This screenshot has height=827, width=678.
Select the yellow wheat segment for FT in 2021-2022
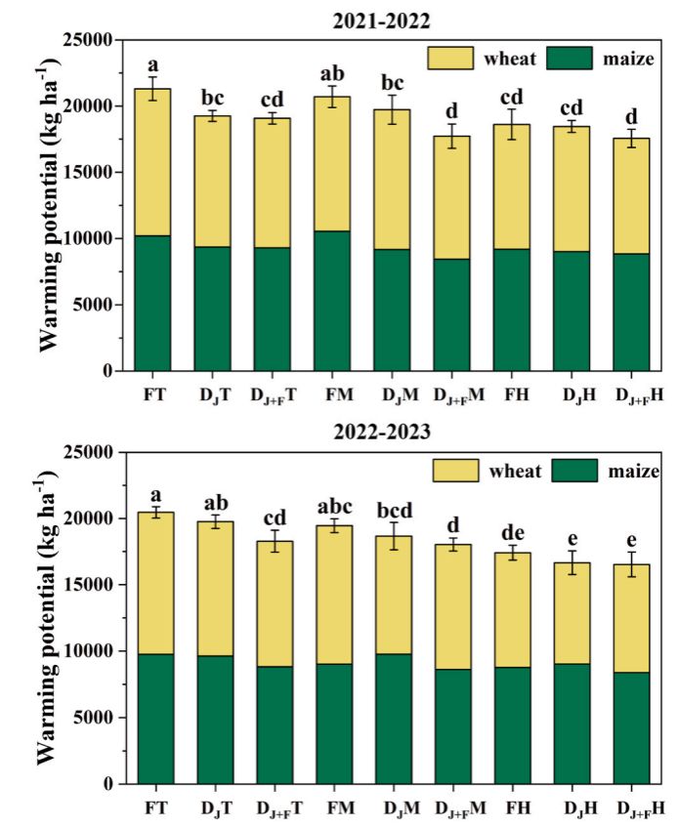pyautogui.click(x=153, y=162)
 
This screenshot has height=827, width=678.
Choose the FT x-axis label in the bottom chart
pyautogui.click(x=153, y=808)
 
